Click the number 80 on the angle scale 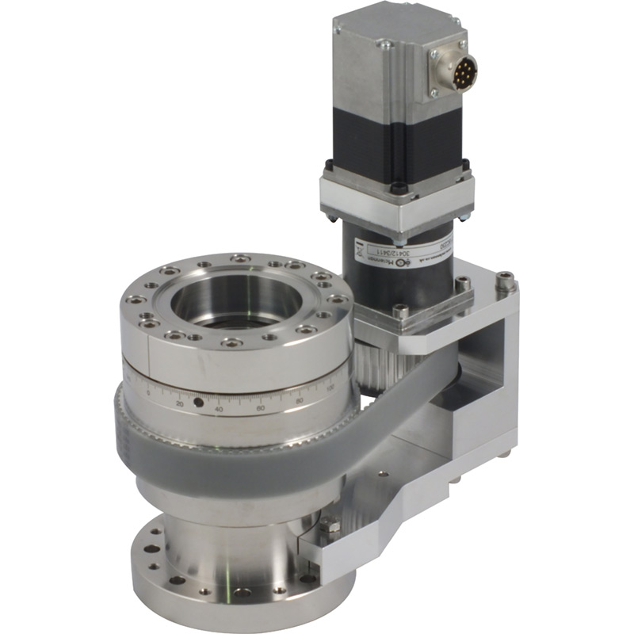pyautogui.click(x=300, y=400)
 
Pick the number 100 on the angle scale pyautogui.click(x=330, y=387)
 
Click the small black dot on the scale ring pyautogui.click(x=198, y=403)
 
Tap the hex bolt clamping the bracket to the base pyautogui.click(x=329, y=527)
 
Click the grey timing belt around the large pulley pyautogui.click(x=238, y=460)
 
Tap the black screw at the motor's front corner pyautogui.click(x=399, y=188)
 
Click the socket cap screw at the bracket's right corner pyautogui.click(x=504, y=279)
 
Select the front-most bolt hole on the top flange pyautogui.click(x=231, y=342)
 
